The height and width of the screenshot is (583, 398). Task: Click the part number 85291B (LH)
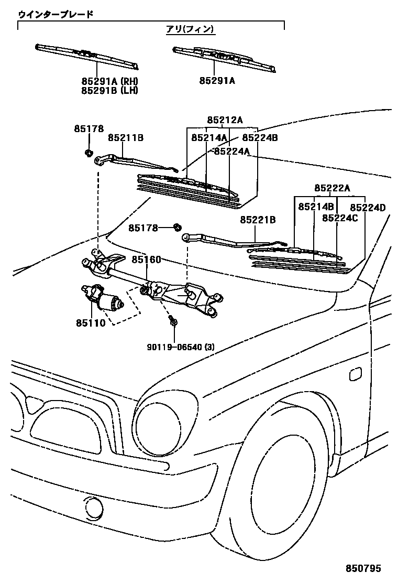click(109, 90)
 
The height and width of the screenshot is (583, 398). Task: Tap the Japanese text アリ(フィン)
click(190, 29)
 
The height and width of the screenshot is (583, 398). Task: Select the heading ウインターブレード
click(56, 14)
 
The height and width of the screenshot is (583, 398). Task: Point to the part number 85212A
click(225, 120)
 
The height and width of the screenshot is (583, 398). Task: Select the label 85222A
click(333, 188)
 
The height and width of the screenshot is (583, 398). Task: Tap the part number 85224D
click(368, 207)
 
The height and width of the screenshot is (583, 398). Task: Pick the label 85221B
click(258, 220)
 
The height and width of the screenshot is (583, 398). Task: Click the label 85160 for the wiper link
click(146, 260)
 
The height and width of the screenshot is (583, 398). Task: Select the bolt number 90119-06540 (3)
click(181, 347)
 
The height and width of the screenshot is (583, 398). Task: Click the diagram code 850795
click(362, 568)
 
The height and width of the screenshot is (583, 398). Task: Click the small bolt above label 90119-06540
click(172, 320)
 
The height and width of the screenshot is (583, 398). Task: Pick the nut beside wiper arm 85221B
click(177, 227)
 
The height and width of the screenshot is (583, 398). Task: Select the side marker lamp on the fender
click(355, 373)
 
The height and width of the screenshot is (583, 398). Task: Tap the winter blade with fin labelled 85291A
click(225, 58)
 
